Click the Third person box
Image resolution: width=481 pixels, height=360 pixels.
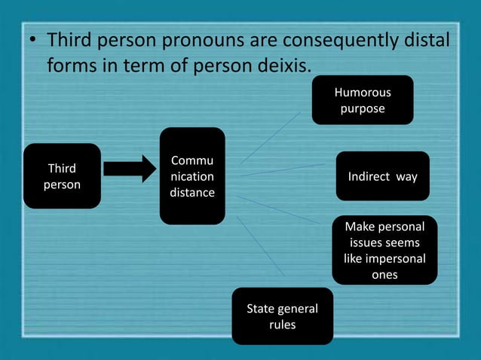[x=62, y=175]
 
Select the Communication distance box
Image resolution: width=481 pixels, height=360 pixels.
[x=191, y=176]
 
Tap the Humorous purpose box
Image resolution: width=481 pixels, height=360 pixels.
[x=365, y=100]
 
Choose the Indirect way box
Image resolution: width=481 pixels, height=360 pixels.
[x=382, y=176]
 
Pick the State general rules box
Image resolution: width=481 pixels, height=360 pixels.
[x=282, y=316]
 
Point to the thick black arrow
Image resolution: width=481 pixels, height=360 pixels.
[x=129, y=169]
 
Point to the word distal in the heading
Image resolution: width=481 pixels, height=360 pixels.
[x=427, y=39]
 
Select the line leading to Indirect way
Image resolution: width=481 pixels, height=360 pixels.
[x=283, y=169]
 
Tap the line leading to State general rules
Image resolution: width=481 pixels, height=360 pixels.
[x=260, y=245]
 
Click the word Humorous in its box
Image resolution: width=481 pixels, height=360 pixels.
[x=363, y=93]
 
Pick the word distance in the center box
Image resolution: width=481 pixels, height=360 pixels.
[x=191, y=193]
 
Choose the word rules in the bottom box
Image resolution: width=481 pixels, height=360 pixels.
[x=282, y=325]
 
